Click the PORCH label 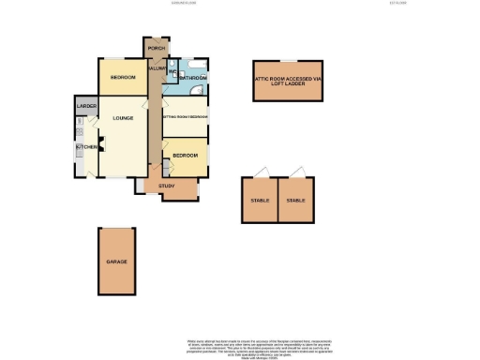pos(156,48)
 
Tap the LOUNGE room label pos(122,118)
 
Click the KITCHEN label pos(82,147)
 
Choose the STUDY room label pos(167,186)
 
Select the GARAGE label pos(116,262)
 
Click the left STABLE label pos(260,201)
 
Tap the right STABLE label pos(296,201)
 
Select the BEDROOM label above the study pos(185,155)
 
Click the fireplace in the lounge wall pos(103,143)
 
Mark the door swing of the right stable pos(299,172)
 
